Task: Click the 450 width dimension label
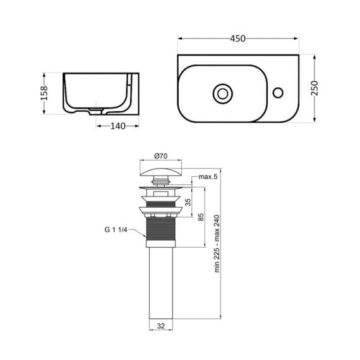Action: [237, 39]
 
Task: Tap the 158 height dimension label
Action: [44, 93]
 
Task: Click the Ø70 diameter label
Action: [160, 155]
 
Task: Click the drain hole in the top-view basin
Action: [222, 93]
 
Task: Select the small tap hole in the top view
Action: [277, 93]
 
